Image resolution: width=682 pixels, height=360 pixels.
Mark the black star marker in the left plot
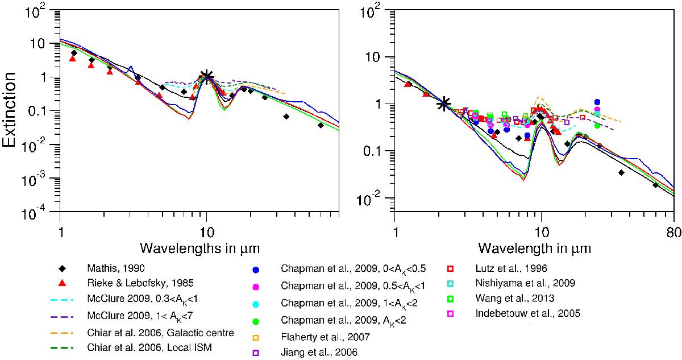pos(207,76)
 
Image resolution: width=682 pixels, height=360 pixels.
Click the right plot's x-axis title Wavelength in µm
pos(534,249)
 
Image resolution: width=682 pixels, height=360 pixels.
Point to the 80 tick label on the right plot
pos(673,231)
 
